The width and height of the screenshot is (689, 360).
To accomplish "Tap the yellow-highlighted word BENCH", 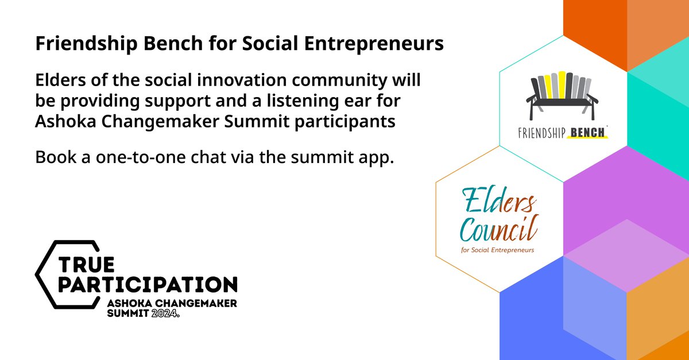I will click(x=586, y=134).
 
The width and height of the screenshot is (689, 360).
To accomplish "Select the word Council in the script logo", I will click(x=498, y=231).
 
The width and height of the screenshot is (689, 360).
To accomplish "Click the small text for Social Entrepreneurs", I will click(x=497, y=250).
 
